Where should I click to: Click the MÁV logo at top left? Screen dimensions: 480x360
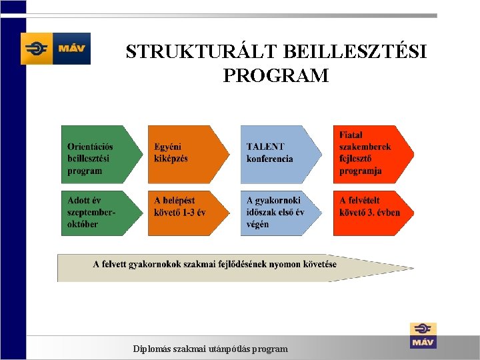pyautogui.click(x=55, y=49)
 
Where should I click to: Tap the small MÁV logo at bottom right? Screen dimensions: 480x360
pyautogui.click(x=423, y=335)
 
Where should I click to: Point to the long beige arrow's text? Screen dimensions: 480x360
pyautogui.click(x=215, y=264)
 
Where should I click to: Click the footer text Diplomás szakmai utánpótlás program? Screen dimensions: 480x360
pyautogui.click(x=211, y=349)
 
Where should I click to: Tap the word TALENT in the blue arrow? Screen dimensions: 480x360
pyautogui.click(x=265, y=147)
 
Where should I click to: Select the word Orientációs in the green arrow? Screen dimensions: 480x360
pyautogui.click(x=91, y=147)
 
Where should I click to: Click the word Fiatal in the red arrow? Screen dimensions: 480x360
pyautogui.click(x=351, y=135)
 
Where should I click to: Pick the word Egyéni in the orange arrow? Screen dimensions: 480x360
pyautogui.click(x=167, y=147)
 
